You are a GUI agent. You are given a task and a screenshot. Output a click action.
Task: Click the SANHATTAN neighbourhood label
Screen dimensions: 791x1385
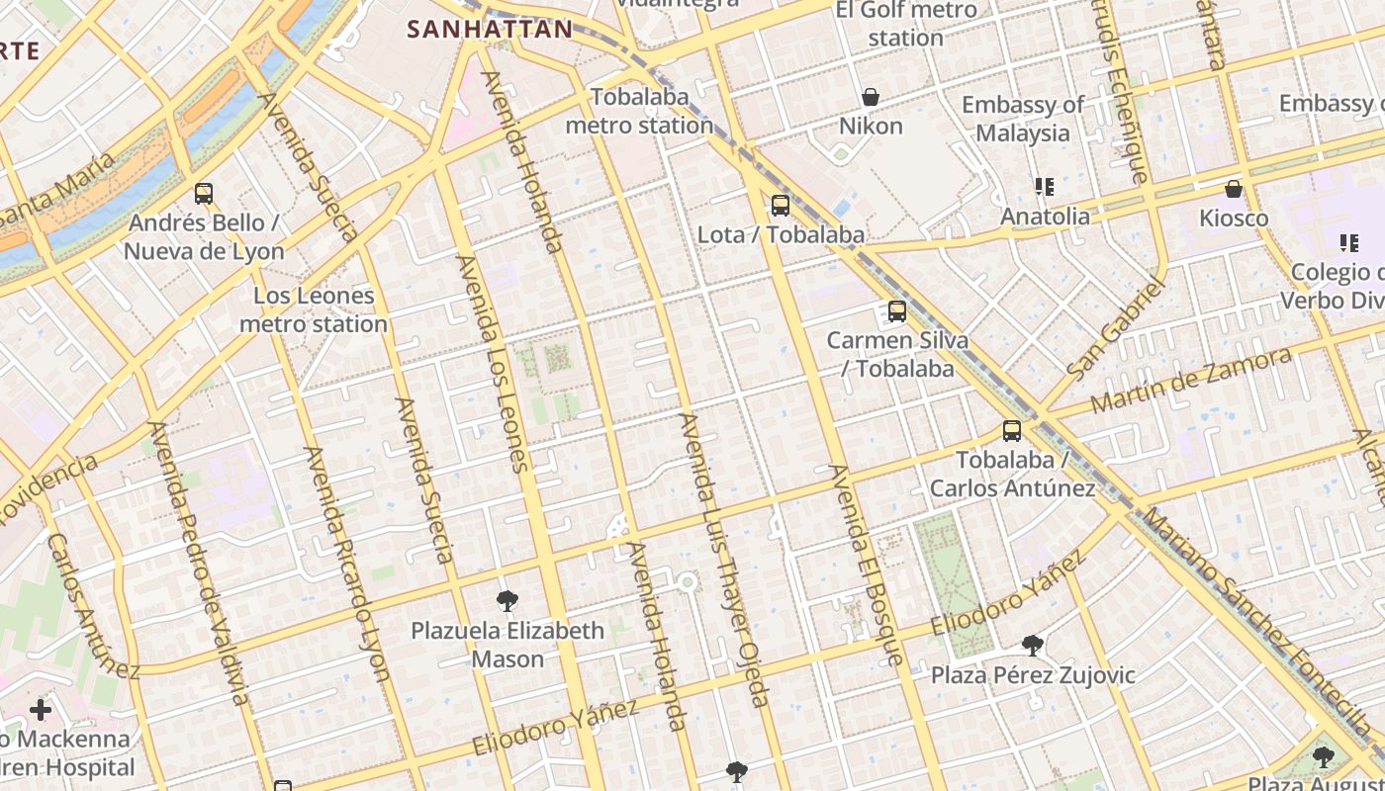[490, 30]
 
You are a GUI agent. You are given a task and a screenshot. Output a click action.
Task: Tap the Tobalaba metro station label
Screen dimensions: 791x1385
[639, 112]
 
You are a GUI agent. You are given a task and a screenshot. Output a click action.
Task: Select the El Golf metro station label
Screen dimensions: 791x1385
[906, 24]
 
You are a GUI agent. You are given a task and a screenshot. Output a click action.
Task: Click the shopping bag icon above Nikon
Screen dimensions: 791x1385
[871, 97]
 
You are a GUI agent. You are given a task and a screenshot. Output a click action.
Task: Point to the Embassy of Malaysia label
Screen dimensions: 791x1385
[1022, 119]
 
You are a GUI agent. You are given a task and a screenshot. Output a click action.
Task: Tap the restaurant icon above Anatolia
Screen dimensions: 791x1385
[1044, 187]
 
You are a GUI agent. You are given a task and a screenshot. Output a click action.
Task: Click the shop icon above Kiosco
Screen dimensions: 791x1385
[1234, 189]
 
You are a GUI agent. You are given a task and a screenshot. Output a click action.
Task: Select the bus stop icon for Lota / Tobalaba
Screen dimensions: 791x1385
[781, 206]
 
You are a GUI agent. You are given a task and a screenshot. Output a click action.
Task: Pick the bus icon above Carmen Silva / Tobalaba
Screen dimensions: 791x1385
[897, 311]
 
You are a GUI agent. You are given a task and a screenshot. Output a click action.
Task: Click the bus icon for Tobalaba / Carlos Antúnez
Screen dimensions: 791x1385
[1011, 431]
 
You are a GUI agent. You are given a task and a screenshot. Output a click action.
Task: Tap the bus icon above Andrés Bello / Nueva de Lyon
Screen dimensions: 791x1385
[204, 194]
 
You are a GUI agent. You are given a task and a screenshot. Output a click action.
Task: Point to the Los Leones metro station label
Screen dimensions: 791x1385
[314, 309]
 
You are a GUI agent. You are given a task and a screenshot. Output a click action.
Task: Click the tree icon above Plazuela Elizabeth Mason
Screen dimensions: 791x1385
[508, 600]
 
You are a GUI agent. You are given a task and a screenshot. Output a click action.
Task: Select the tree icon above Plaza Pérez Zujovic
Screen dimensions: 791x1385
[1033, 646]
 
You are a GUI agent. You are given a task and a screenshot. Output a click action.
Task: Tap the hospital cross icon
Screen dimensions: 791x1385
[41, 710]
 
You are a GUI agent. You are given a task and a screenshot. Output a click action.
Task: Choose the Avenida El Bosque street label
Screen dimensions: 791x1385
[867, 565]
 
